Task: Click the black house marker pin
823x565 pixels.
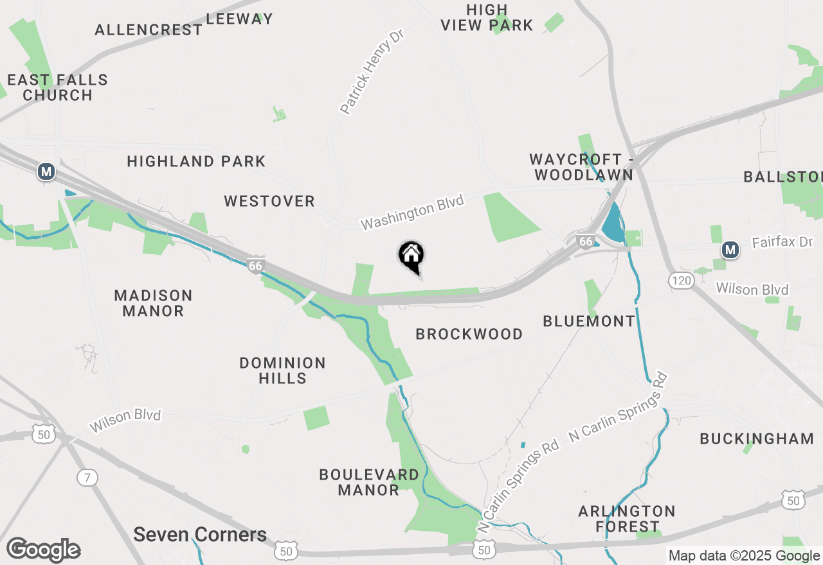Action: [411, 256]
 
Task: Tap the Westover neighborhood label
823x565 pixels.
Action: [269, 202]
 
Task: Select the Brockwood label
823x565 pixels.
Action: [469, 334]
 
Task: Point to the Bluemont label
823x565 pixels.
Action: [589, 321]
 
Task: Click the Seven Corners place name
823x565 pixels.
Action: [200, 535]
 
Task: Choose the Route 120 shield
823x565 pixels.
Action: [681, 280]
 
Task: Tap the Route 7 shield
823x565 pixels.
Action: [87, 477]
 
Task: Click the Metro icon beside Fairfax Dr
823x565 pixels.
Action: [730, 249]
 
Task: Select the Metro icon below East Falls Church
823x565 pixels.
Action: [46, 171]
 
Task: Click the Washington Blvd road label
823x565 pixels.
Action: [412, 213]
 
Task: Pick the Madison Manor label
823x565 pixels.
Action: [153, 303]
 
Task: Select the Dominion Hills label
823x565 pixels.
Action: [282, 370]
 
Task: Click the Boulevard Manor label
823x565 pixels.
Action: [369, 482]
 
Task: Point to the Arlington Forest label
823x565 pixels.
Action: [627, 519]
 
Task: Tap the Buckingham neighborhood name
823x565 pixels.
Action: [757, 439]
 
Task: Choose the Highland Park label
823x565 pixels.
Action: [196, 161]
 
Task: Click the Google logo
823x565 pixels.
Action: [43, 550]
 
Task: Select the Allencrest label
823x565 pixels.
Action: [149, 30]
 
